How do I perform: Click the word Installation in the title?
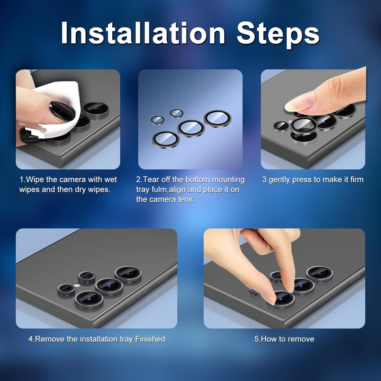[x=143, y=33]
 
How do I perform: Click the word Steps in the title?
[x=278, y=34]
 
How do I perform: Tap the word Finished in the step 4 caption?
[x=150, y=339]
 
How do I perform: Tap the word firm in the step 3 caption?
[x=357, y=179]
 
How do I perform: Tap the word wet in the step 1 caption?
[x=110, y=180]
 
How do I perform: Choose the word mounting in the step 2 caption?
[x=228, y=180]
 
